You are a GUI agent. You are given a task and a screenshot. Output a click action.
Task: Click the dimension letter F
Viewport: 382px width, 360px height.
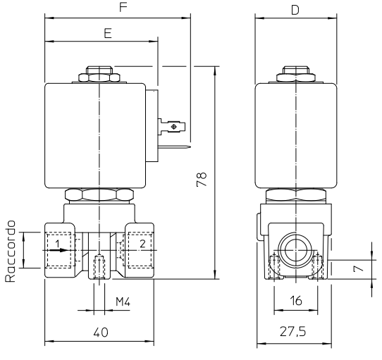(123, 7)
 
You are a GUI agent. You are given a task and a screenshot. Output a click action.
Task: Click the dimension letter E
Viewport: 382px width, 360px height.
(108, 33)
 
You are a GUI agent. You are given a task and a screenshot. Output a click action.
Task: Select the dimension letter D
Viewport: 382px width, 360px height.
(295, 10)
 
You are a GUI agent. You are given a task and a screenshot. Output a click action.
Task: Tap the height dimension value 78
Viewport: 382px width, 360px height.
(202, 179)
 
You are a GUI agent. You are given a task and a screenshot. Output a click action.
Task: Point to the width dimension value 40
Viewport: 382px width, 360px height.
(101, 333)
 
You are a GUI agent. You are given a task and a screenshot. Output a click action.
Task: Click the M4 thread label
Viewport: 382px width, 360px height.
(123, 302)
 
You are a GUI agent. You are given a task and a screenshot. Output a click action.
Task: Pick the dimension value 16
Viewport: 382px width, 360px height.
(296, 301)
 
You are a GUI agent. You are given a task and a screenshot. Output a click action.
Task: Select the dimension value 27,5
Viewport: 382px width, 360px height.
(292, 332)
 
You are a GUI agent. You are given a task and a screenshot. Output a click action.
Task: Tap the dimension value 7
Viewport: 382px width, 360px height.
(358, 268)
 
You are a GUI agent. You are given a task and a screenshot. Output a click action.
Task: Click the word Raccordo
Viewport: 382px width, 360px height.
(11, 252)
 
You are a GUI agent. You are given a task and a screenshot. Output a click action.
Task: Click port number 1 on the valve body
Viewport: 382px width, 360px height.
(58, 243)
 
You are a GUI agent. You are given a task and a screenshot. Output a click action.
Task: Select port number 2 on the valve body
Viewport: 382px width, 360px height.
(142, 244)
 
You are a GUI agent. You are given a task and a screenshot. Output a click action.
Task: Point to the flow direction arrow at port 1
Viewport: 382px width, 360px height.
(58, 250)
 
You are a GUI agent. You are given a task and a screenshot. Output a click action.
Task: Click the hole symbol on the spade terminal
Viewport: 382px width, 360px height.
(173, 126)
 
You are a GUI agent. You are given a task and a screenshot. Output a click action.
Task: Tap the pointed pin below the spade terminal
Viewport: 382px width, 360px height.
(174, 147)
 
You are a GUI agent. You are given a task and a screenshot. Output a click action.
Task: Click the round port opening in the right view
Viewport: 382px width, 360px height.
(295, 250)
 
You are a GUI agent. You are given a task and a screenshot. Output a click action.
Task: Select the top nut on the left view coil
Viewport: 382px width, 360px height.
(99, 74)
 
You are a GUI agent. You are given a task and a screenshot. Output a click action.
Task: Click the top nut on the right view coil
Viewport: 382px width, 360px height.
(296, 74)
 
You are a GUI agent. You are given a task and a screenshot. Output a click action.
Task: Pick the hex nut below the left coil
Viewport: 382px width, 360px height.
(99, 195)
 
